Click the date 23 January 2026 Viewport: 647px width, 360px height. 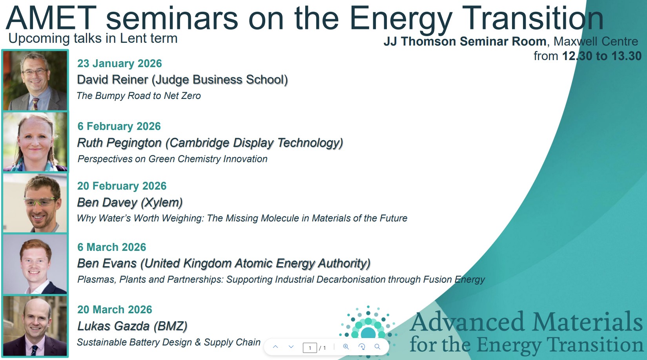click(120, 63)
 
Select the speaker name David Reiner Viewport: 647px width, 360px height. click(113, 79)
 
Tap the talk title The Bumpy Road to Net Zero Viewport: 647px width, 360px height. click(139, 96)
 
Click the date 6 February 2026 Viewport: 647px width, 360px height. click(119, 126)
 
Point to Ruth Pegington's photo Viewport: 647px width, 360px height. click(35, 142)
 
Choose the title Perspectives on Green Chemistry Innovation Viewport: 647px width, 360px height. click(172, 159)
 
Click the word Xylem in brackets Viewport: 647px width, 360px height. click(162, 202)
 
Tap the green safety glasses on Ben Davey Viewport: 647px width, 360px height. click(41, 201)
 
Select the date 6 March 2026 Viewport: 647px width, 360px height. click(112, 247)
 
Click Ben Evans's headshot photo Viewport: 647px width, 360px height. click(35, 264)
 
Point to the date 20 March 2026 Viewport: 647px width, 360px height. click(115, 309)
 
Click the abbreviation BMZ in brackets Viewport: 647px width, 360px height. click(170, 326)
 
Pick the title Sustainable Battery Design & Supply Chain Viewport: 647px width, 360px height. click(169, 342)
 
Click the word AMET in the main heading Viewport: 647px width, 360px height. click(51, 18)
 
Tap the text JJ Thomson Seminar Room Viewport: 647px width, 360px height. click(465, 41)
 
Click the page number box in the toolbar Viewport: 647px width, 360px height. click(310, 347)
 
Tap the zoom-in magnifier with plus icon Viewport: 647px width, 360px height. click(346, 347)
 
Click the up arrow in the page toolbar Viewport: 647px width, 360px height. click(275, 347)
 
